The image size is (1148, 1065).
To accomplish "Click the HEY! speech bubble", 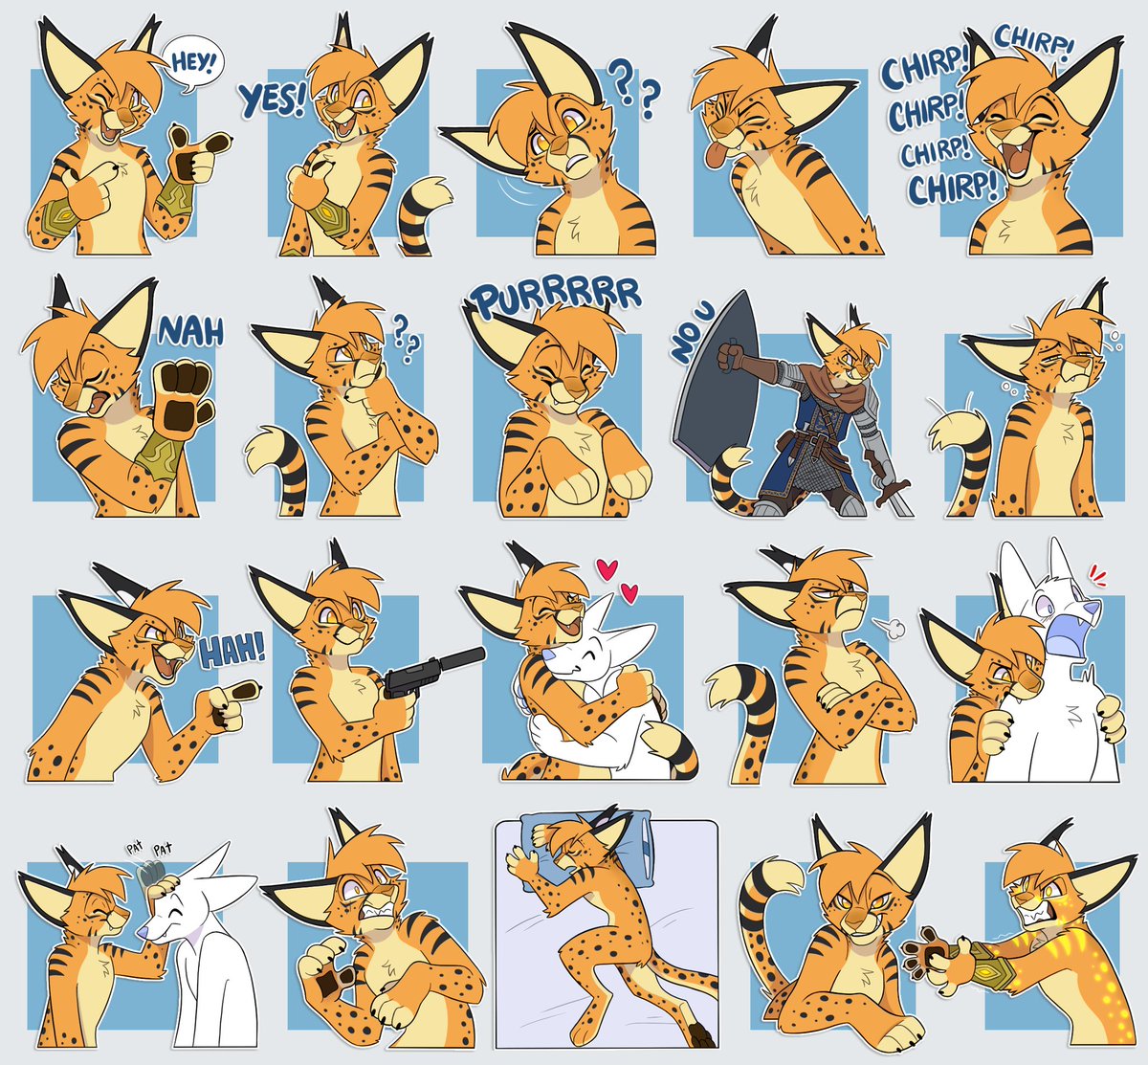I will [x=192, y=63].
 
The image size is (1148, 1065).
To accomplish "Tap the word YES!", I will [x=271, y=99].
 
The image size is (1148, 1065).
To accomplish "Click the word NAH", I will [x=191, y=331].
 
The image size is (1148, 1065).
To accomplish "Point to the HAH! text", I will [x=232, y=650].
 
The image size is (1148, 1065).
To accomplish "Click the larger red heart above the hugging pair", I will [x=606, y=570].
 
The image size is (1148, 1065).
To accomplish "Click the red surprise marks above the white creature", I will [x=1097, y=578].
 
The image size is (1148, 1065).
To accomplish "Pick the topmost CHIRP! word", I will [x=1033, y=38].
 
